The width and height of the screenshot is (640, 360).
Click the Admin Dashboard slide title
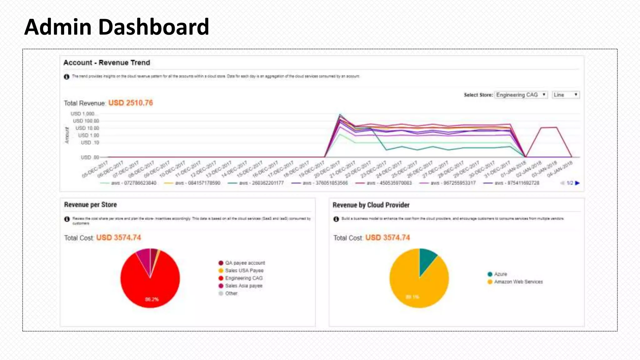[117, 27]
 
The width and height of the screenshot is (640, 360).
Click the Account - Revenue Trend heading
[107, 62]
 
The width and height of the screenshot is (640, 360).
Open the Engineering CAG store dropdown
[521, 95]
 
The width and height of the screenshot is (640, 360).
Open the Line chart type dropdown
[566, 95]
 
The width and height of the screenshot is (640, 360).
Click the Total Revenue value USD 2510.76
[130, 103]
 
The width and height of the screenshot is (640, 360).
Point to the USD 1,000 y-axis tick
[82, 114]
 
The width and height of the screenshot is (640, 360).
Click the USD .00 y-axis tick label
[90, 157]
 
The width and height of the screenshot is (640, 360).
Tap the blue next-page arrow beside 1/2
[577, 183]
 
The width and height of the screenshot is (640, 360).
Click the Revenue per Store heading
[90, 205]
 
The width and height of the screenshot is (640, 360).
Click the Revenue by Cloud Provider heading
[371, 205]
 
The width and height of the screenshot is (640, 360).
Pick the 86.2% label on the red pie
[152, 299]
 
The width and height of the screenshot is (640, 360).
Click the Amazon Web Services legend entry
[518, 282]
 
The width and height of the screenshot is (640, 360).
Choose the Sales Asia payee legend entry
[243, 286]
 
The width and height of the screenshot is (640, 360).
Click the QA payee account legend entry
[245, 263]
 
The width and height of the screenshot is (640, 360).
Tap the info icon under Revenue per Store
[67, 219]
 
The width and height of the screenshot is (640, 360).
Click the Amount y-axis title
[67, 135]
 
